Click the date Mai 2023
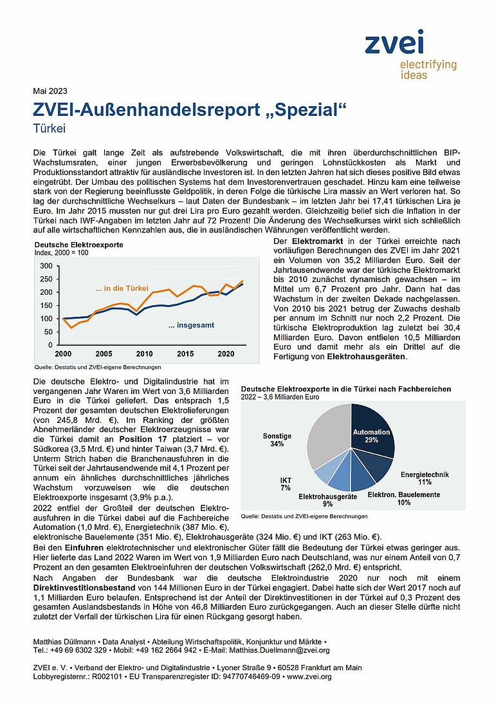tap(50, 91)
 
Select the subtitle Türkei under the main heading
tap(50, 128)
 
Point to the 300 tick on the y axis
tap(46, 266)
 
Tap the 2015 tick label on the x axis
tap(185, 354)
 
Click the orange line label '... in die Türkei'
tap(122, 288)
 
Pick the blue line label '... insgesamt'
tap(191, 326)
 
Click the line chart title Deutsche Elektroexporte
tap(78, 245)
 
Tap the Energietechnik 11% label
tap(424, 478)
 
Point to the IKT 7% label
tap(286, 484)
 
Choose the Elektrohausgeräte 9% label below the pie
tap(327, 500)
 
